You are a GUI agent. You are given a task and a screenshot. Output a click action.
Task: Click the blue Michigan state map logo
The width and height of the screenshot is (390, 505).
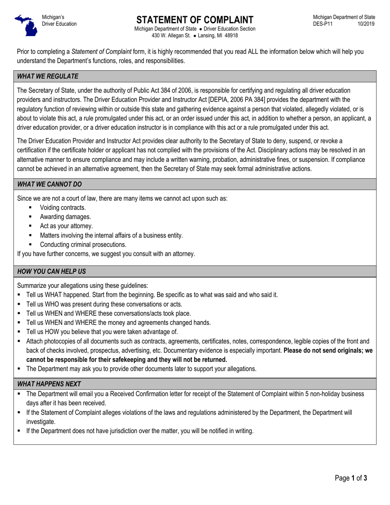25,25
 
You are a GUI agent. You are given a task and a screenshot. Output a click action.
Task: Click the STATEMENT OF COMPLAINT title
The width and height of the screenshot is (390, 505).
195,20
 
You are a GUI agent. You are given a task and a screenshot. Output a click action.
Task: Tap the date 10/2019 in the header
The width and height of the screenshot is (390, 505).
366,24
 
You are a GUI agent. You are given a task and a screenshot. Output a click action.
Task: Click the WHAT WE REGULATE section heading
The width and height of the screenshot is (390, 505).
48,76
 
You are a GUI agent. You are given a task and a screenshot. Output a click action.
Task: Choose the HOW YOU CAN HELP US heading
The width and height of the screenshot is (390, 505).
51,271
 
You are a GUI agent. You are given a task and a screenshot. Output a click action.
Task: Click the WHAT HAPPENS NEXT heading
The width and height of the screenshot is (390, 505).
49,384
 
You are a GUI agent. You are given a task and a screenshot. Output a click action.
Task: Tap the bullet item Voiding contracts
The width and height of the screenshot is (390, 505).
63,208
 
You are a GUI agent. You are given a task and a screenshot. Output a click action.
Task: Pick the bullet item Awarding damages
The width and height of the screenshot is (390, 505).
65,217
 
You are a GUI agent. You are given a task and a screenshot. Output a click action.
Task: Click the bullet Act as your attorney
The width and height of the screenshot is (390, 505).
67,226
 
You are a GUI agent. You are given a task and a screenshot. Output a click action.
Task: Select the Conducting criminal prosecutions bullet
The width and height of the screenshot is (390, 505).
83,245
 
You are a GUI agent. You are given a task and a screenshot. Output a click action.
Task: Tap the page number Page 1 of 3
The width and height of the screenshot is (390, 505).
351,478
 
